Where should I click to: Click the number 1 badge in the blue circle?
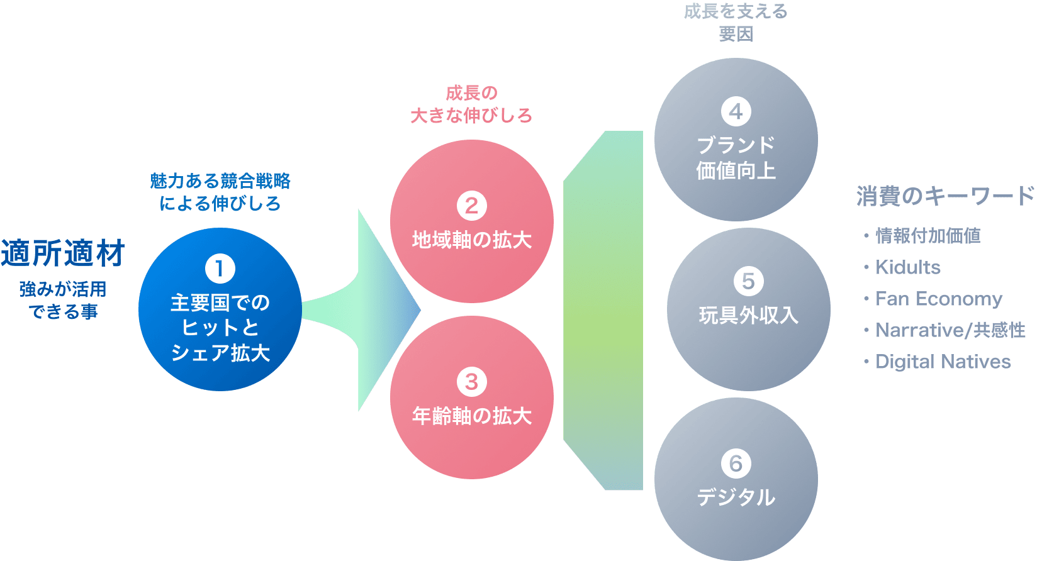pyautogui.click(x=220, y=269)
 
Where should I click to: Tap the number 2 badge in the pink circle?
pyautogui.click(x=472, y=206)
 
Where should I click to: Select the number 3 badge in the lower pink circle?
pyautogui.click(x=472, y=382)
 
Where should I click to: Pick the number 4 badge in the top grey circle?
pyautogui.click(x=736, y=112)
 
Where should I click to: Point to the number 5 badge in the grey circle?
pyautogui.click(x=748, y=281)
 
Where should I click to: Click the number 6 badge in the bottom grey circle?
pyautogui.click(x=736, y=464)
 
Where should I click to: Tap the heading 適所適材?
pyautogui.click(x=62, y=253)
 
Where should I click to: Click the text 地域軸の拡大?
pyautogui.click(x=472, y=240)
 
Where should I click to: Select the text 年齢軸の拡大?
pyautogui.click(x=472, y=416)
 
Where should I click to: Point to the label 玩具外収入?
pyautogui.click(x=748, y=315)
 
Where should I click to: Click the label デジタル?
pyautogui.click(x=736, y=497)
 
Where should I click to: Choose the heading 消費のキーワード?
pyautogui.click(x=945, y=196)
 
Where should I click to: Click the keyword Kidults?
pyautogui.click(x=907, y=267)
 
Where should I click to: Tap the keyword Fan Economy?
pyautogui.click(x=938, y=299)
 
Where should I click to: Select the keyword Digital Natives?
pyautogui.click(x=943, y=362)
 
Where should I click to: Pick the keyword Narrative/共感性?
pyautogui.click(x=950, y=330)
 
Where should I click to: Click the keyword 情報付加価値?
pyautogui.click(x=928, y=236)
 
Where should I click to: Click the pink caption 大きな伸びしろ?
pyautogui.click(x=471, y=116)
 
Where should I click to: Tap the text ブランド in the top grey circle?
pyautogui.click(x=736, y=145)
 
